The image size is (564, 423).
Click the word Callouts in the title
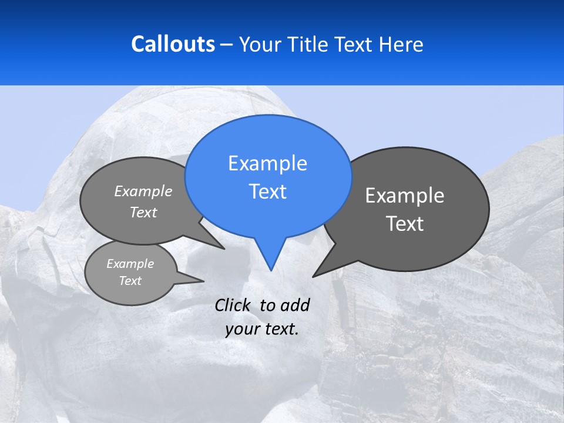[173, 44]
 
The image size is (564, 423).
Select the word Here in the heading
[401, 44]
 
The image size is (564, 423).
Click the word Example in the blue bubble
[267, 163]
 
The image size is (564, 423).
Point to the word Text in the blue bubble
[267, 192]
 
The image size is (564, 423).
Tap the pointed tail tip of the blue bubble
[271, 270]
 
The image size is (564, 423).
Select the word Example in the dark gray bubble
[405, 196]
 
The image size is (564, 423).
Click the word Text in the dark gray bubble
[405, 224]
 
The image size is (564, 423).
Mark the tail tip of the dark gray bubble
[313, 276]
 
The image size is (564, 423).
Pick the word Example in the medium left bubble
[143, 192]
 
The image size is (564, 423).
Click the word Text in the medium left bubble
[143, 213]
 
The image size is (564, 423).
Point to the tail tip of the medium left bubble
[224, 249]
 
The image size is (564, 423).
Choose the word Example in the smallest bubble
[130, 264]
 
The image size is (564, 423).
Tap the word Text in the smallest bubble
[130, 281]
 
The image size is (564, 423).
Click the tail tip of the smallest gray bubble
[203, 281]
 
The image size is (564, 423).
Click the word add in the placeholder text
[295, 305]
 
